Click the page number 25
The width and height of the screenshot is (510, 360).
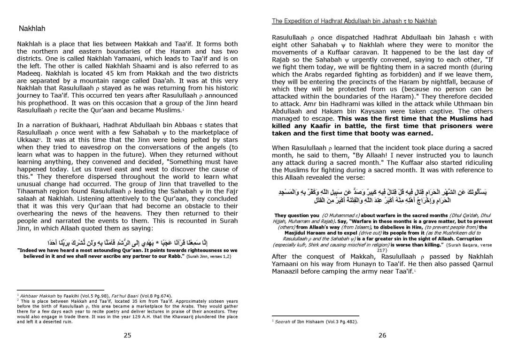point(127,335)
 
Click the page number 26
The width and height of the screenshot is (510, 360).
point(382,335)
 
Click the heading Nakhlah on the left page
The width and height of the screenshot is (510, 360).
point(32,29)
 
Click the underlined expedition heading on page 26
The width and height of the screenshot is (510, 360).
point(355,21)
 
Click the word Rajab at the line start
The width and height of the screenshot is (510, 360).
point(282,60)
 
